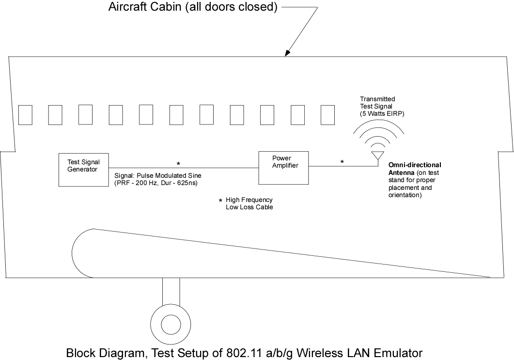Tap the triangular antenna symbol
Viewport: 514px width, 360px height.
point(378,156)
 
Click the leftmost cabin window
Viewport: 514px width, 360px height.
point(25,115)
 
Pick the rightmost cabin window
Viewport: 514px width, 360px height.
point(327,115)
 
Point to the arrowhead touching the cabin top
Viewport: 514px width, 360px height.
point(287,53)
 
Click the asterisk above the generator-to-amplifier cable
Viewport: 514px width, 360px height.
point(178,163)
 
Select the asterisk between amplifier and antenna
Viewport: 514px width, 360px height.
point(342,162)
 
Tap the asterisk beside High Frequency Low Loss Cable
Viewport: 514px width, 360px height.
point(220,200)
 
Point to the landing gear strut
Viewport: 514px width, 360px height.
point(171,292)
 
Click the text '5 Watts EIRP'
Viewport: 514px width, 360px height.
point(382,114)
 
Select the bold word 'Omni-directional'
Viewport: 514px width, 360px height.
point(415,165)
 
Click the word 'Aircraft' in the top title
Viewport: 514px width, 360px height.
point(128,7)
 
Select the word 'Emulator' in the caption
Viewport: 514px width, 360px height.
point(398,353)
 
